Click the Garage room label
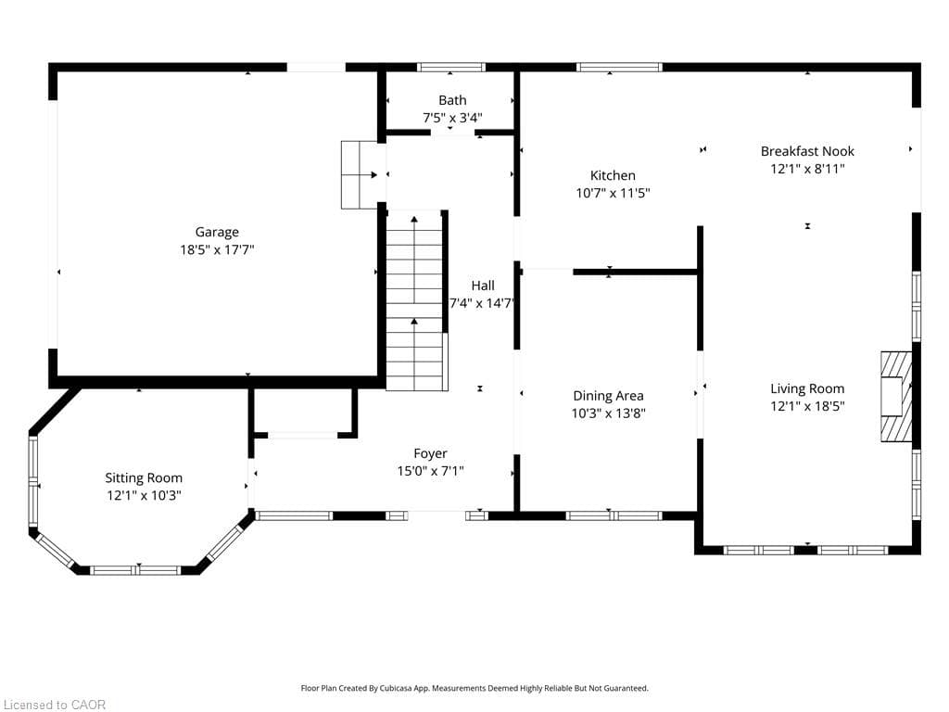[217, 232]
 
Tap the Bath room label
[452, 100]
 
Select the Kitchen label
[613, 175]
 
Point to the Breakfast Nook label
[807, 151]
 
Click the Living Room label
[807, 388]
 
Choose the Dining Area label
[608, 396]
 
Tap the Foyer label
[430, 453]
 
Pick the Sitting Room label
[144, 478]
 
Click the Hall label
[483, 286]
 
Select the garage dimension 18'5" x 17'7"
[217, 249]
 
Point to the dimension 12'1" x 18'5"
[807, 406]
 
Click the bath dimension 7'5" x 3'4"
[452, 118]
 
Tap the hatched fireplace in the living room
[896, 397]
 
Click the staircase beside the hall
[414, 300]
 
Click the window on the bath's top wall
[451, 67]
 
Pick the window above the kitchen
[619, 67]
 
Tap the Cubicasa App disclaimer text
[474, 689]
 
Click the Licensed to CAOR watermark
[55, 705]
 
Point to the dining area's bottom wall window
[614, 515]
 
